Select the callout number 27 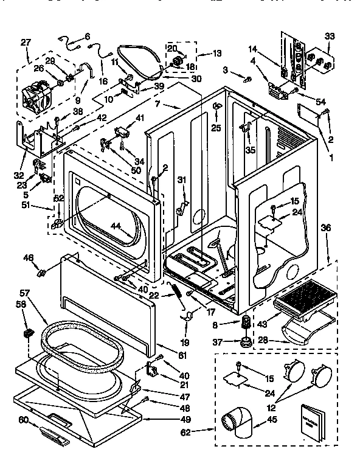coord(26,42)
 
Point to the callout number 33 coord(329,36)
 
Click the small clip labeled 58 coord(28,334)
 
